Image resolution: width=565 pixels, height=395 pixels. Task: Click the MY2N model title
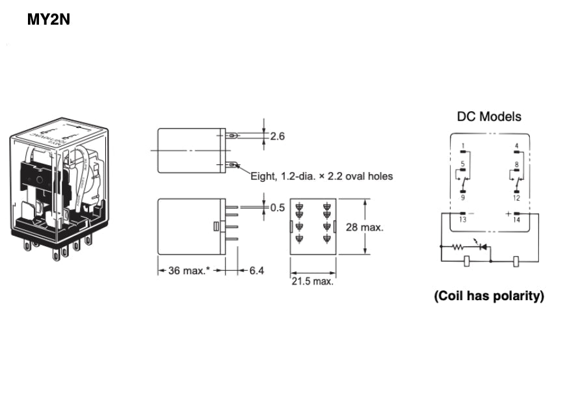click(x=48, y=19)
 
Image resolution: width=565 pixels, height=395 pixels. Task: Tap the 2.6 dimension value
click(x=277, y=136)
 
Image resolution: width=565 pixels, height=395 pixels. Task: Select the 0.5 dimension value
click(x=277, y=208)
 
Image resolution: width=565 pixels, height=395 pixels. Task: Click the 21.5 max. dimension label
click(x=311, y=281)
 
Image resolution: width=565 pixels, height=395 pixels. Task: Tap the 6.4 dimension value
click(x=256, y=270)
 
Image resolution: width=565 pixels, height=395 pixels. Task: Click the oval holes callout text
click(x=322, y=176)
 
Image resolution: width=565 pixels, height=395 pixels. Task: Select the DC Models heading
click(x=489, y=117)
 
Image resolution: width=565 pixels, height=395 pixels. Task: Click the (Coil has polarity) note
click(x=489, y=296)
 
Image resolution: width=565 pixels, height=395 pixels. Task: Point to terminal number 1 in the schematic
click(x=463, y=145)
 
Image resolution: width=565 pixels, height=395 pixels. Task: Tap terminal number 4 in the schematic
click(x=516, y=145)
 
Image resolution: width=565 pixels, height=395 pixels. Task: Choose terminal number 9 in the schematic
click(x=463, y=197)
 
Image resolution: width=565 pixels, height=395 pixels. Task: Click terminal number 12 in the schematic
click(x=516, y=197)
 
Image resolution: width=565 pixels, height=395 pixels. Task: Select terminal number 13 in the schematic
click(x=463, y=220)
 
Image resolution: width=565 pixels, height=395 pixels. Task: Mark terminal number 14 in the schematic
click(x=516, y=220)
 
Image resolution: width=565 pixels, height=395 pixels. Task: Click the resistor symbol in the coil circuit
click(x=457, y=248)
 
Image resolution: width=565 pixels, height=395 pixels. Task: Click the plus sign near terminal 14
click(x=508, y=213)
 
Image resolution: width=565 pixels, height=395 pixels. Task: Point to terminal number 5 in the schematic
click(x=463, y=164)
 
